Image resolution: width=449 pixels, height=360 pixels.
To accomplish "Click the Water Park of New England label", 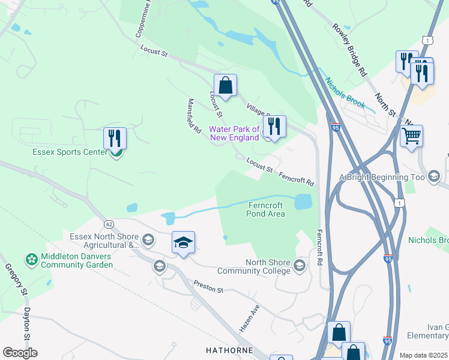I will pos(234,133).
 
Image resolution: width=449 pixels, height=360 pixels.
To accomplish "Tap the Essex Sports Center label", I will pos(70,152).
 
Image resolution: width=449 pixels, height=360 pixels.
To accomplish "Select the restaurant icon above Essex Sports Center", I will pos(115,138).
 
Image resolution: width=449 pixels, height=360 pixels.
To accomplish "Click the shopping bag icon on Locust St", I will pos(225,86).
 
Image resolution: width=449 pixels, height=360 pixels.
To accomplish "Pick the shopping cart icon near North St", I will pos(411,136).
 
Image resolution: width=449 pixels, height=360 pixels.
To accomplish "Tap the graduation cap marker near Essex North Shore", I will pos(183,243).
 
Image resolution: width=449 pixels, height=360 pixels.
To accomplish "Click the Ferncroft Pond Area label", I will pos(266,209).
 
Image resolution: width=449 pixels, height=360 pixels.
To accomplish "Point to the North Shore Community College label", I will pos(268,266).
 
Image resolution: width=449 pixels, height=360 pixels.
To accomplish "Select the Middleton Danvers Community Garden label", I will pos(77,261).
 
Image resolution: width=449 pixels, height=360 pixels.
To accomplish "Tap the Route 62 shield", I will pos(109,224).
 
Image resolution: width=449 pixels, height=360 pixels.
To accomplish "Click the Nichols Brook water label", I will pos(345,93).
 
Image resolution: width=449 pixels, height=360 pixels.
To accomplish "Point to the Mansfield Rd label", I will pos(194,116).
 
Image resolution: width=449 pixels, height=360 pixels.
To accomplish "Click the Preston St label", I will pos(208,287).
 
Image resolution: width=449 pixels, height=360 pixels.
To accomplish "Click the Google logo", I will pos(20,353).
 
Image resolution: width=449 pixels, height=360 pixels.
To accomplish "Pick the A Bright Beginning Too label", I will pos(382,177).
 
